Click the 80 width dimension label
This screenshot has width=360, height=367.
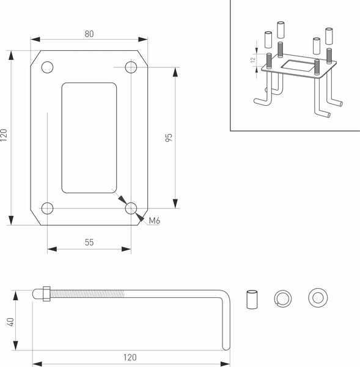[x=89, y=34]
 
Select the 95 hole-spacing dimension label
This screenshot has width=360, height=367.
[x=169, y=138]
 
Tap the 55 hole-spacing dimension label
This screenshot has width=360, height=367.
[x=89, y=242]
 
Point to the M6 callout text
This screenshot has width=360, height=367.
[x=155, y=220]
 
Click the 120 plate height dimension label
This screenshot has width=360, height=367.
[x=4, y=135]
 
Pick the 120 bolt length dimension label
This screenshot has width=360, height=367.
[x=130, y=357]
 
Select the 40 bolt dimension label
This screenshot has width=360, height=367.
[x=10, y=322]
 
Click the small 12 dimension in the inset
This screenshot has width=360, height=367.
[x=252, y=60]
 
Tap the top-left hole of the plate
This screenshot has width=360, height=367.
[x=47, y=67]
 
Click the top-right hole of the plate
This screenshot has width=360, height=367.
[x=131, y=67]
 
